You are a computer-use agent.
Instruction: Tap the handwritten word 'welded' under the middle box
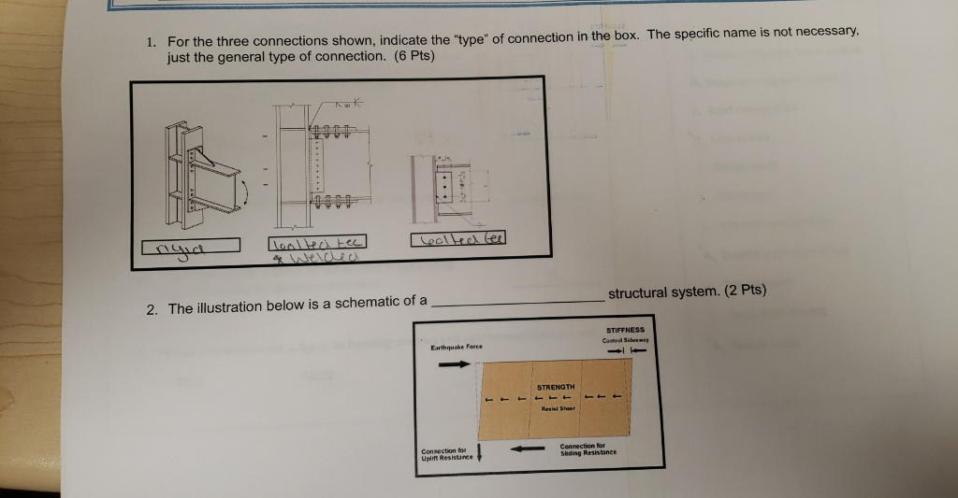[304, 258]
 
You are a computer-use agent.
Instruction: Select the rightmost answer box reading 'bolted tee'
[457, 239]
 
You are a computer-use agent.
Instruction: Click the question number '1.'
[152, 41]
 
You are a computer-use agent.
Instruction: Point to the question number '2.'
[152, 308]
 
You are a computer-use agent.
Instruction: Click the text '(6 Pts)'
[413, 56]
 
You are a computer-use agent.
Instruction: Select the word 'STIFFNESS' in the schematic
[627, 330]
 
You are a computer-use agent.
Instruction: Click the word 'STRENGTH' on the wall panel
[557, 387]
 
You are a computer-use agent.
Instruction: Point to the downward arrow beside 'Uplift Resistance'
[479, 454]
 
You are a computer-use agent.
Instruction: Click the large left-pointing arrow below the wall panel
[527, 449]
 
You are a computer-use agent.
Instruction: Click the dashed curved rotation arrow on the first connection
[244, 192]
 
